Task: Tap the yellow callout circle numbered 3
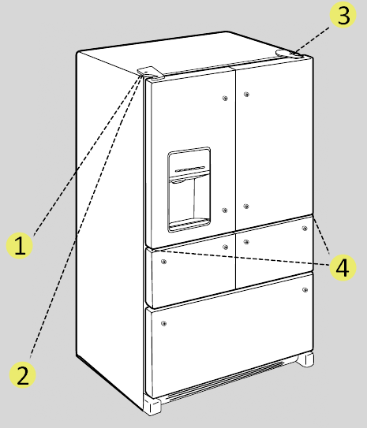341,16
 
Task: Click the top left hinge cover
148,73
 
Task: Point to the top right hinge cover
288,54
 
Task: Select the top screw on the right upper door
247,95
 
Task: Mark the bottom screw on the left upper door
225,210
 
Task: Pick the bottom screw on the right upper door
246,207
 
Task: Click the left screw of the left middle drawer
163,259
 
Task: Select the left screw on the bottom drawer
163,324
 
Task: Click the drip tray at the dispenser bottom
189,224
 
